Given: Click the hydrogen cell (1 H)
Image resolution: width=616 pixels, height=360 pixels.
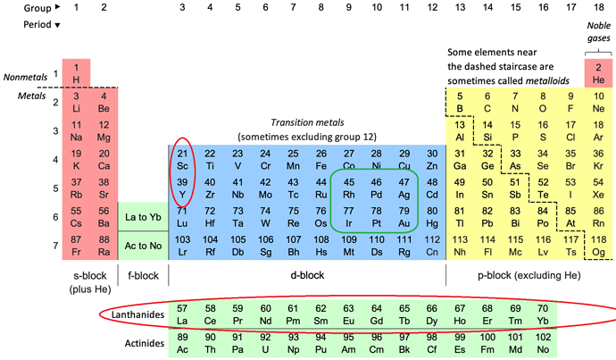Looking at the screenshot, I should coord(76,72).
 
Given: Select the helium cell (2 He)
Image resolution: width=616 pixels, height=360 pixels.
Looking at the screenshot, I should coord(597,72).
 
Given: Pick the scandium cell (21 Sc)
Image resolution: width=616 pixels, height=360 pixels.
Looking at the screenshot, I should coord(182,159).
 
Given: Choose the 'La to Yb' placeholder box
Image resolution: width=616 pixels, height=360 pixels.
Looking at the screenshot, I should coord(143,217).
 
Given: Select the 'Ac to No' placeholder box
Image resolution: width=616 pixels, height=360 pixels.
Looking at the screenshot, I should coord(143,246).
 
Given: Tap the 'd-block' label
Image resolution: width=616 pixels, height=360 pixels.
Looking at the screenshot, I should coord(306,276).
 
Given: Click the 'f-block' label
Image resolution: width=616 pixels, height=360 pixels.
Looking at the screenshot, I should coord(143,276).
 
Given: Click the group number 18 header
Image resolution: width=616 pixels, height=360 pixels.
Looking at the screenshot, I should coord(597,7).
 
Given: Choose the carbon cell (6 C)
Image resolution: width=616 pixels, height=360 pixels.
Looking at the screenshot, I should coord(487,101).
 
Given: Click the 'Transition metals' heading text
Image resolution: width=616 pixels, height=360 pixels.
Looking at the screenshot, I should coord(308,121).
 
